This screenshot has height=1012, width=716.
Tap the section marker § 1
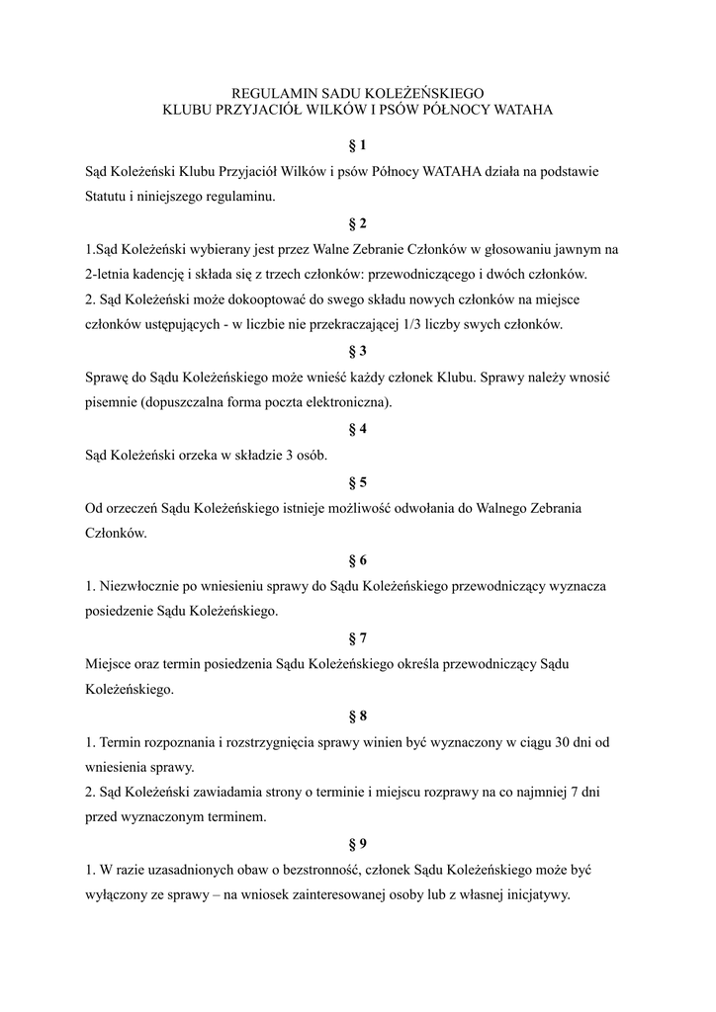click(x=357, y=145)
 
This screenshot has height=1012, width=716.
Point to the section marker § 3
click(x=357, y=351)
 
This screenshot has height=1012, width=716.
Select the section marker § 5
click(x=357, y=482)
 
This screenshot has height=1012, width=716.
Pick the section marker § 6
click(x=357, y=559)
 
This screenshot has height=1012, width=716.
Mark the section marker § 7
click(x=357, y=636)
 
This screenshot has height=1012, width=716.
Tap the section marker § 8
click(x=357, y=714)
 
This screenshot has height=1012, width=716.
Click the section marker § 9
click(x=357, y=843)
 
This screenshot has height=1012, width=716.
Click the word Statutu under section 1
click(x=108, y=197)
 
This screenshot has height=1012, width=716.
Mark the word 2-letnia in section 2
click(x=109, y=274)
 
